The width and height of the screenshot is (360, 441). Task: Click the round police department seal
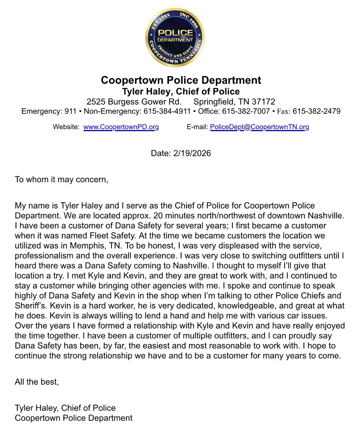pyautogui.click(x=175, y=38)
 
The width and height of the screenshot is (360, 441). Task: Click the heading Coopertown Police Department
pyautogui.click(x=181, y=80)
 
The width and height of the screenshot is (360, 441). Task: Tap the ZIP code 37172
pyautogui.click(x=263, y=102)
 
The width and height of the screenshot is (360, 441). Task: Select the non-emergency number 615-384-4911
pyautogui.click(x=167, y=111)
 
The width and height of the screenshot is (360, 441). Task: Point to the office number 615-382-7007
pyautogui.click(x=246, y=111)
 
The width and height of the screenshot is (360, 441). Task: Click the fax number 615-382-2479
pyautogui.click(x=316, y=111)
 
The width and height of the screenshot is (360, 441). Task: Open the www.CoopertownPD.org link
pyautogui.click(x=121, y=127)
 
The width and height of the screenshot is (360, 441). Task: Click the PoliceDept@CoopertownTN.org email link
pyautogui.click(x=259, y=127)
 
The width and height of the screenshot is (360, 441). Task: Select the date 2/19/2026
pyautogui.click(x=192, y=153)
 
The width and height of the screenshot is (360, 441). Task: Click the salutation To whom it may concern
pyautogui.click(x=61, y=180)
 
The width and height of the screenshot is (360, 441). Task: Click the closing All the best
pyautogui.click(x=37, y=382)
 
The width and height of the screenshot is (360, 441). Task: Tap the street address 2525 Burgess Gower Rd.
pyautogui.click(x=134, y=102)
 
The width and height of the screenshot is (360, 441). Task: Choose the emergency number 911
pyautogui.click(x=70, y=111)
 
